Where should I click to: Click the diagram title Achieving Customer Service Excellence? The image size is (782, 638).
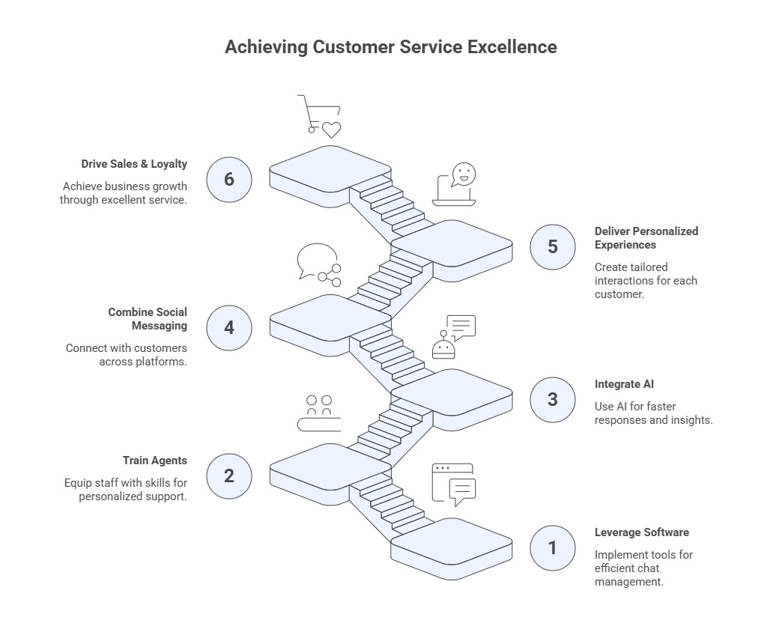click(x=391, y=46)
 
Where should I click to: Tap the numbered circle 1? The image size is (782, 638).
click(x=553, y=547)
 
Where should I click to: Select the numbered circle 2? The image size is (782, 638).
click(x=229, y=476)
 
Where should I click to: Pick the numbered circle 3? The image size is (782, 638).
click(x=553, y=399)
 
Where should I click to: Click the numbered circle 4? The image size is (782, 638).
click(x=229, y=327)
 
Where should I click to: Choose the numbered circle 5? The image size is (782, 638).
click(x=553, y=246)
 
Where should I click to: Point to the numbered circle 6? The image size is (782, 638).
click(x=229, y=180)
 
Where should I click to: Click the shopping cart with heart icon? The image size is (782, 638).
click(x=319, y=116)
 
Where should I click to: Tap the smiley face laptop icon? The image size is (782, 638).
click(x=455, y=184)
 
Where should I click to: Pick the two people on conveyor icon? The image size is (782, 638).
click(x=319, y=413)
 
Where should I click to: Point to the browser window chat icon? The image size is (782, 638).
click(x=454, y=484)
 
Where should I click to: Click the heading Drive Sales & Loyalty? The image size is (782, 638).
click(x=135, y=163)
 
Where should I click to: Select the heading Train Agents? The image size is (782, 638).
click(x=155, y=461)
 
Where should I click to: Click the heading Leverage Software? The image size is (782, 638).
click(x=642, y=532)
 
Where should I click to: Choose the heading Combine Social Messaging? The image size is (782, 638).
click(x=148, y=319)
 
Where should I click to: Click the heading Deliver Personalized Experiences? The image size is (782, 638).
click(x=646, y=238)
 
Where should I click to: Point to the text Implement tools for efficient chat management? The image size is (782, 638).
click(x=643, y=568)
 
